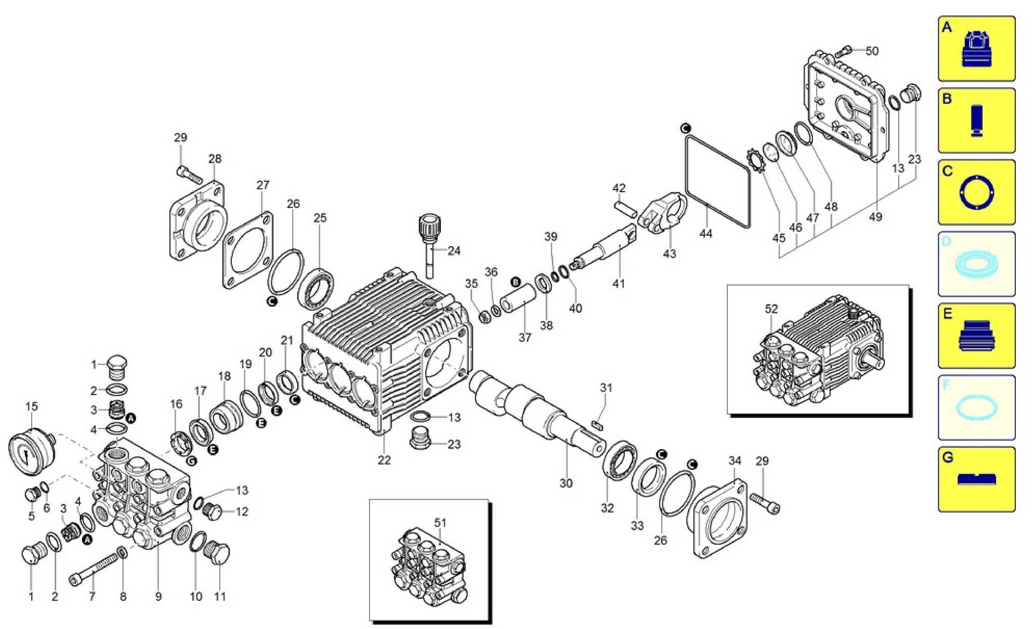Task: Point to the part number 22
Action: click(x=384, y=460)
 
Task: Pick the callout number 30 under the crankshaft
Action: click(x=566, y=483)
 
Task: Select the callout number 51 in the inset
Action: click(x=440, y=523)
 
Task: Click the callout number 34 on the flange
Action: click(x=735, y=461)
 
